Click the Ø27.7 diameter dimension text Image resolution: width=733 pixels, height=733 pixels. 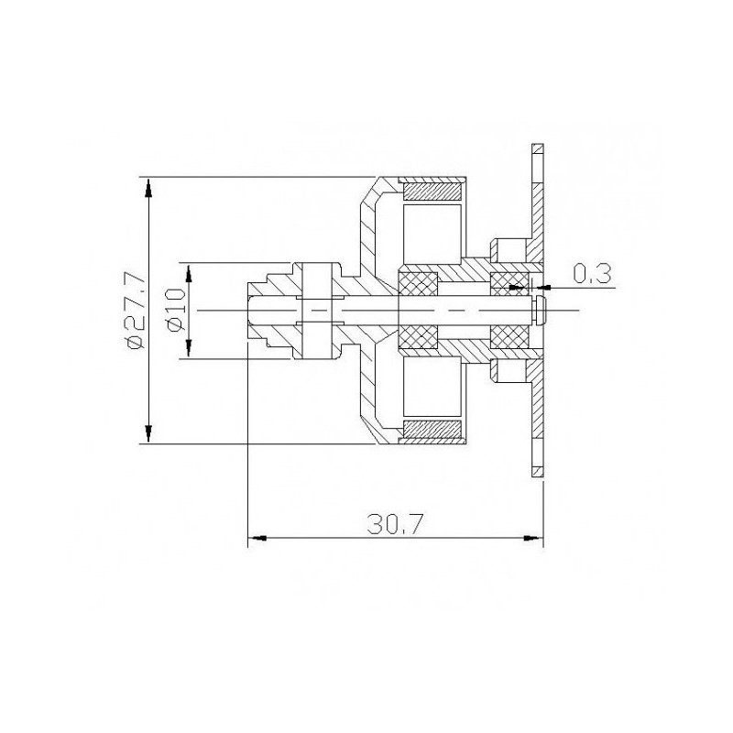point(136,312)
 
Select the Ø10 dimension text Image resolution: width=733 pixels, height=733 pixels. point(177,312)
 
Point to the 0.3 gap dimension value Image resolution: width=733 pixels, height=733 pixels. point(591,272)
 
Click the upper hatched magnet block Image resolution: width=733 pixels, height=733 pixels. point(432,193)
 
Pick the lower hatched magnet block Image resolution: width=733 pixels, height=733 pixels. point(432,429)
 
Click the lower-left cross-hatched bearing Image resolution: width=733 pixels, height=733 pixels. point(416,337)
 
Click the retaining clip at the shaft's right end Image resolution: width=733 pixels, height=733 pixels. point(542,311)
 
